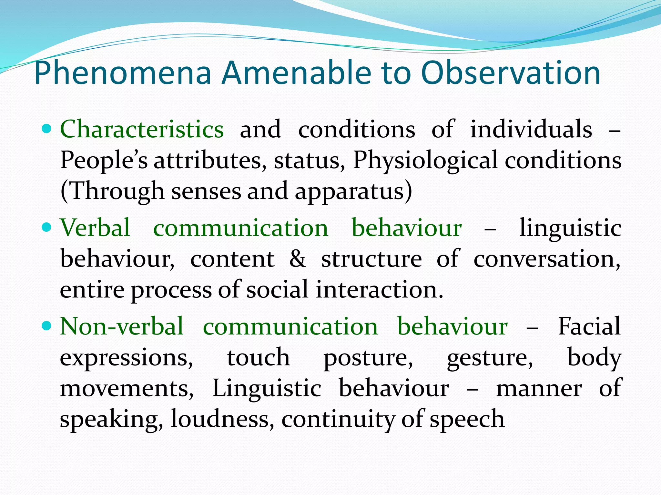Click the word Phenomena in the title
point(123,73)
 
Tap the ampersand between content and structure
point(297,259)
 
